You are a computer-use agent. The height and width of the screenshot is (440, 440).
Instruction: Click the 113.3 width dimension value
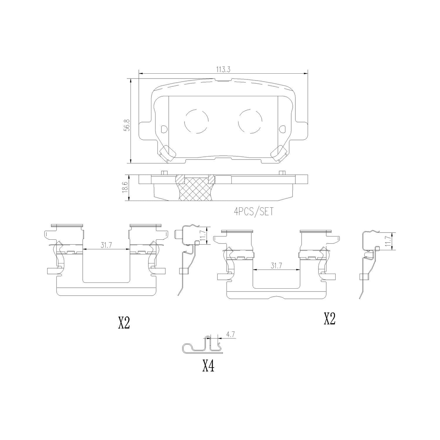(x=223, y=70)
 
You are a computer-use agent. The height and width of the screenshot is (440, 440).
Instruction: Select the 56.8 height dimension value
(x=127, y=125)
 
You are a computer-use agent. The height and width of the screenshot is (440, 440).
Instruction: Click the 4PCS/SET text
(x=253, y=211)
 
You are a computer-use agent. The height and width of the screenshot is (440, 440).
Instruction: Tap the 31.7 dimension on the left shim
(x=106, y=246)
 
